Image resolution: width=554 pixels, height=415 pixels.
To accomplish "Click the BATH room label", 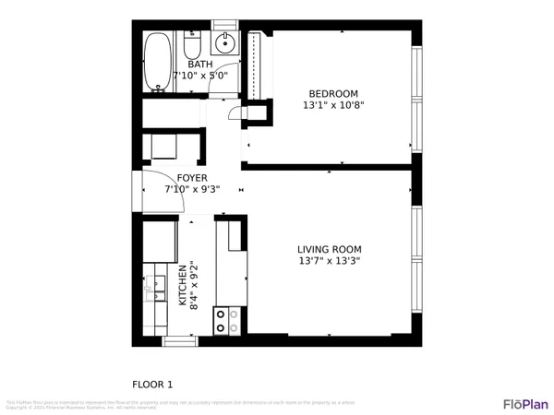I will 199,65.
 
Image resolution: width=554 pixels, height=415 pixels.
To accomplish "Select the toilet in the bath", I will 193,47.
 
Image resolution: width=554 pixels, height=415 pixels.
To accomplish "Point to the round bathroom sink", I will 225,43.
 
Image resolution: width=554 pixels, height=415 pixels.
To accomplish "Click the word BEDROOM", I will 333,93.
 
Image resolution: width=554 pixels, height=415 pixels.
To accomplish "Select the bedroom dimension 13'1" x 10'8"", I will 333,105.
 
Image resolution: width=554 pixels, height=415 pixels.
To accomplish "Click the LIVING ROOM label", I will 329,249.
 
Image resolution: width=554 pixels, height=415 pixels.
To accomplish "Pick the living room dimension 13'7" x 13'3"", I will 329,261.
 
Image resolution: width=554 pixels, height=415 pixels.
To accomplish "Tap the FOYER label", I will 192,178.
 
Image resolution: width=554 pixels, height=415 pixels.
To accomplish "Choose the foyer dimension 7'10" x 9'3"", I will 192,189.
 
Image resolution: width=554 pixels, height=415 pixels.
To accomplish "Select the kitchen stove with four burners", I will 227,320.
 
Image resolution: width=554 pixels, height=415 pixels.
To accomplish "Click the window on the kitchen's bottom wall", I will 180,341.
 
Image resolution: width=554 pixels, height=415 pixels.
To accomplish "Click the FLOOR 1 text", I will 152,385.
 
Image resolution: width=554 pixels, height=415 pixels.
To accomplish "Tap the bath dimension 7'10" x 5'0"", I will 199,77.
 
